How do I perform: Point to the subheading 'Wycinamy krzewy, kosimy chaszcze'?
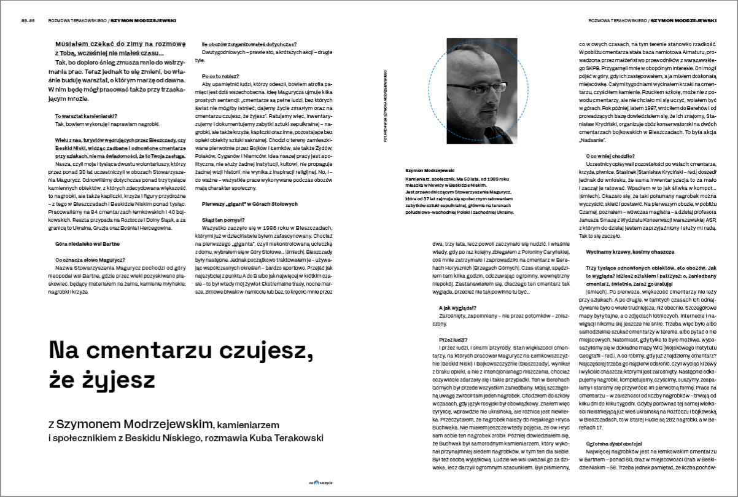pyautogui.click(x=635, y=252)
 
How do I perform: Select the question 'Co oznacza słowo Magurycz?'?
pyautogui.click(x=90, y=260)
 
